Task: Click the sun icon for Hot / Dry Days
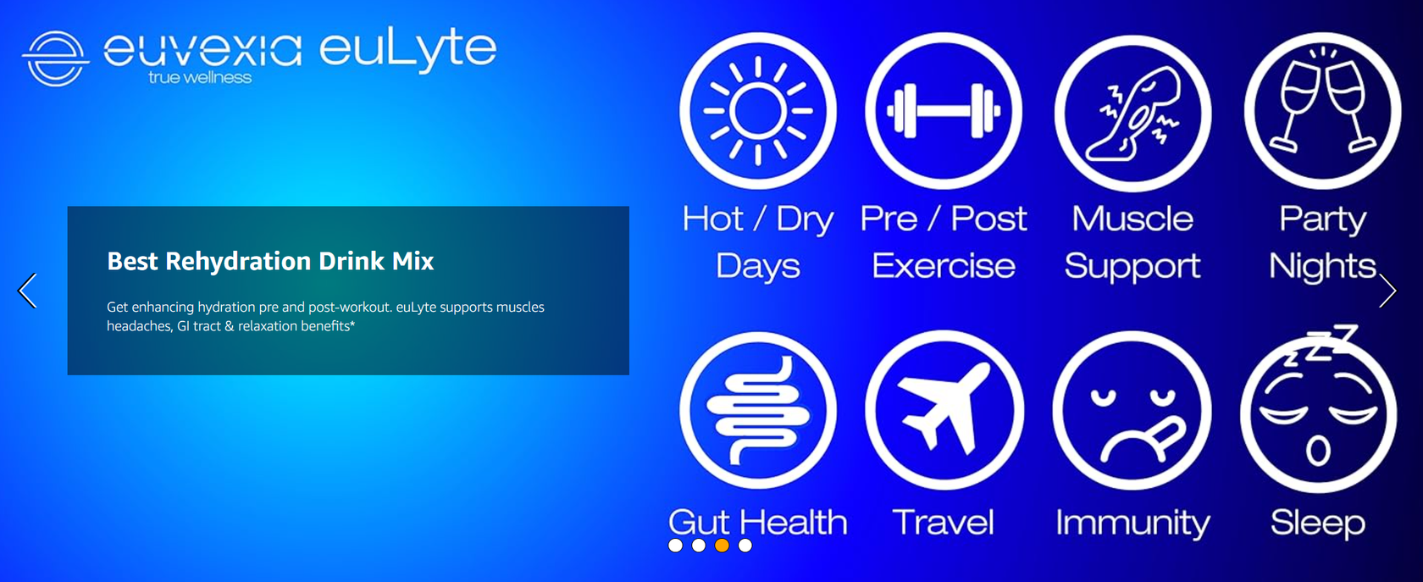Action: pyautogui.click(x=758, y=111)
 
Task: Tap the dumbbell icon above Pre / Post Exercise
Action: pyautogui.click(x=944, y=111)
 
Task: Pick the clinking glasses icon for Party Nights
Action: pyautogui.click(x=1322, y=111)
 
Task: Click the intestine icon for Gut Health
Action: pyautogui.click(x=758, y=410)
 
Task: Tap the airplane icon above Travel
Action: pyautogui.click(x=944, y=410)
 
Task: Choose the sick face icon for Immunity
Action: pyautogui.click(x=1132, y=410)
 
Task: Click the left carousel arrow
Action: pyautogui.click(x=28, y=291)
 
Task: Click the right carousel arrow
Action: pyautogui.click(x=1387, y=291)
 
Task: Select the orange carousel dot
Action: pyautogui.click(x=722, y=546)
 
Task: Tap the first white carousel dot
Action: pyautogui.click(x=675, y=546)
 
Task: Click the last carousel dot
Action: pyautogui.click(x=745, y=546)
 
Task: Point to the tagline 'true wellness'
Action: pyautogui.click(x=200, y=78)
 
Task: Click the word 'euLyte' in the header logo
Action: pyautogui.click(x=407, y=48)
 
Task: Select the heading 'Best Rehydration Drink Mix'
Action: pyautogui.click(x=270, y=261)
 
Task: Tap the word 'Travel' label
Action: pyautogui.click(x=943, y=522)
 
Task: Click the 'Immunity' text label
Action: pyautogui.click(x=1132, y=523)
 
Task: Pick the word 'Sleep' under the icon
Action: pyautogui.click(x=1318, y=523)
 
